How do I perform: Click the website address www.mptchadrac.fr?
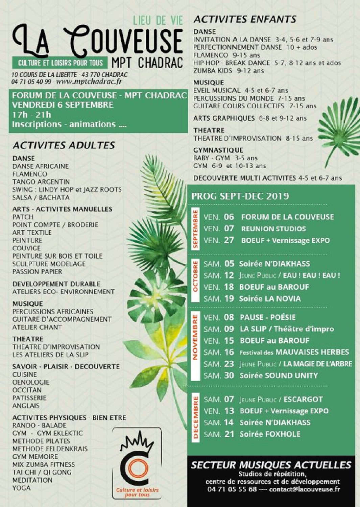[x=89, y=82]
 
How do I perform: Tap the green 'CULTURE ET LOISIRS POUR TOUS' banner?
[x=60, y=63]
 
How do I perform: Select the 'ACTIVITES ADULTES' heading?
[x=64, y=145]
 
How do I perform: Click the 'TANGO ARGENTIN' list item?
[x=41, y=182]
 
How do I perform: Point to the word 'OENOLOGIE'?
[x=31, y=382]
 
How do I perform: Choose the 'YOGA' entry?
[x=21, y=488]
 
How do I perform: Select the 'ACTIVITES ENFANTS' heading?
[x=245, y=19]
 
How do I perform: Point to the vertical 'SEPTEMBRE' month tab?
[x=195, y=229]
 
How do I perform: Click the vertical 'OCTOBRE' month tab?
[x=195, y=281]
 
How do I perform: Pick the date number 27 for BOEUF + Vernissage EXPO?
[x=229, y=240]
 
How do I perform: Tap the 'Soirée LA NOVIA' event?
[x=270, y=299]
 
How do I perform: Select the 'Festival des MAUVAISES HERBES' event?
[x=294, y=352]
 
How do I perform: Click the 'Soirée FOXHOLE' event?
[x=270, y=434]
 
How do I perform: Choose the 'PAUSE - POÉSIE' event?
[x=267, y=317]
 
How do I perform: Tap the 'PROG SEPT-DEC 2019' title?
[x=240, y=196]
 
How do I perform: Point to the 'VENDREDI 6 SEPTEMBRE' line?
[x=63, y=105]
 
